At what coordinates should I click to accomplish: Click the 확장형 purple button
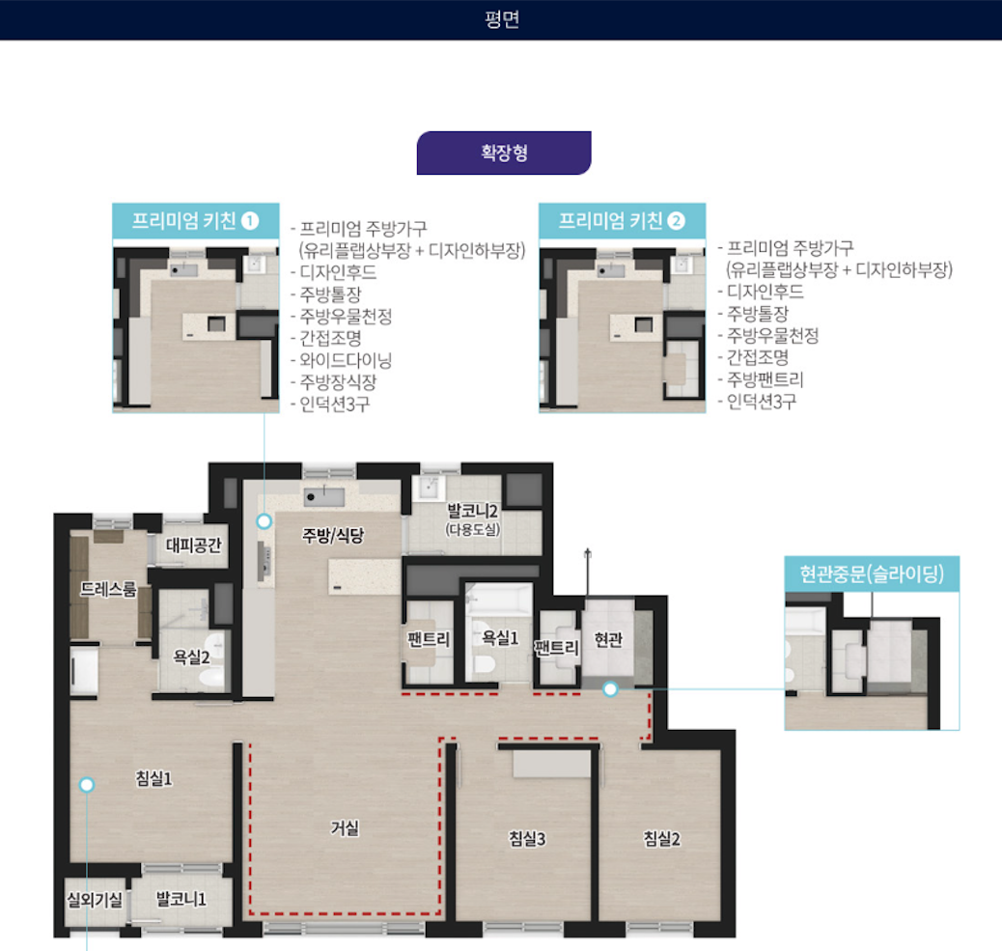[x=504, y=153]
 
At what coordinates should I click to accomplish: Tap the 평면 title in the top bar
[x=502, y=19]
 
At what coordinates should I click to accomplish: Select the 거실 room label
[x=345, y=828]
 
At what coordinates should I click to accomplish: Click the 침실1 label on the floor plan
[x=153, y=778]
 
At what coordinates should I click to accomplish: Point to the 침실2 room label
[x=661, y=838]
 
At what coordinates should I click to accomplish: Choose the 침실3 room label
[x=526, y=838]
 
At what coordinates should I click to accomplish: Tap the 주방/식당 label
[x=333, y=535]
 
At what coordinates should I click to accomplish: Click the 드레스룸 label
[x=108, y=589]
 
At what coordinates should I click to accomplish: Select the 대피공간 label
[x=194, y=545]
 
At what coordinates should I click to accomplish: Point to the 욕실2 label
[x=192, y=657]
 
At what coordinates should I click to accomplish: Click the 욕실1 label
[x=500, y=637]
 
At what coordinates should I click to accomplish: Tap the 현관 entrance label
[x=608, y=639]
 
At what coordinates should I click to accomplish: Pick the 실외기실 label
[x=95, y=900]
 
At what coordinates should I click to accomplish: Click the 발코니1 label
[x=181, y=899]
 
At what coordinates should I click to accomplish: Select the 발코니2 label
[x=472, y=511]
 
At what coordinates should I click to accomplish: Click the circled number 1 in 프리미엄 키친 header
[x=250, y=221]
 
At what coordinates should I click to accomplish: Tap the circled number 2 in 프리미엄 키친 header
[x=676, y=221]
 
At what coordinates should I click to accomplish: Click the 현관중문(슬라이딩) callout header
[x=872, y=573]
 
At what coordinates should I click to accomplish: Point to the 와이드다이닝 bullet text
[x=346, y=360]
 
